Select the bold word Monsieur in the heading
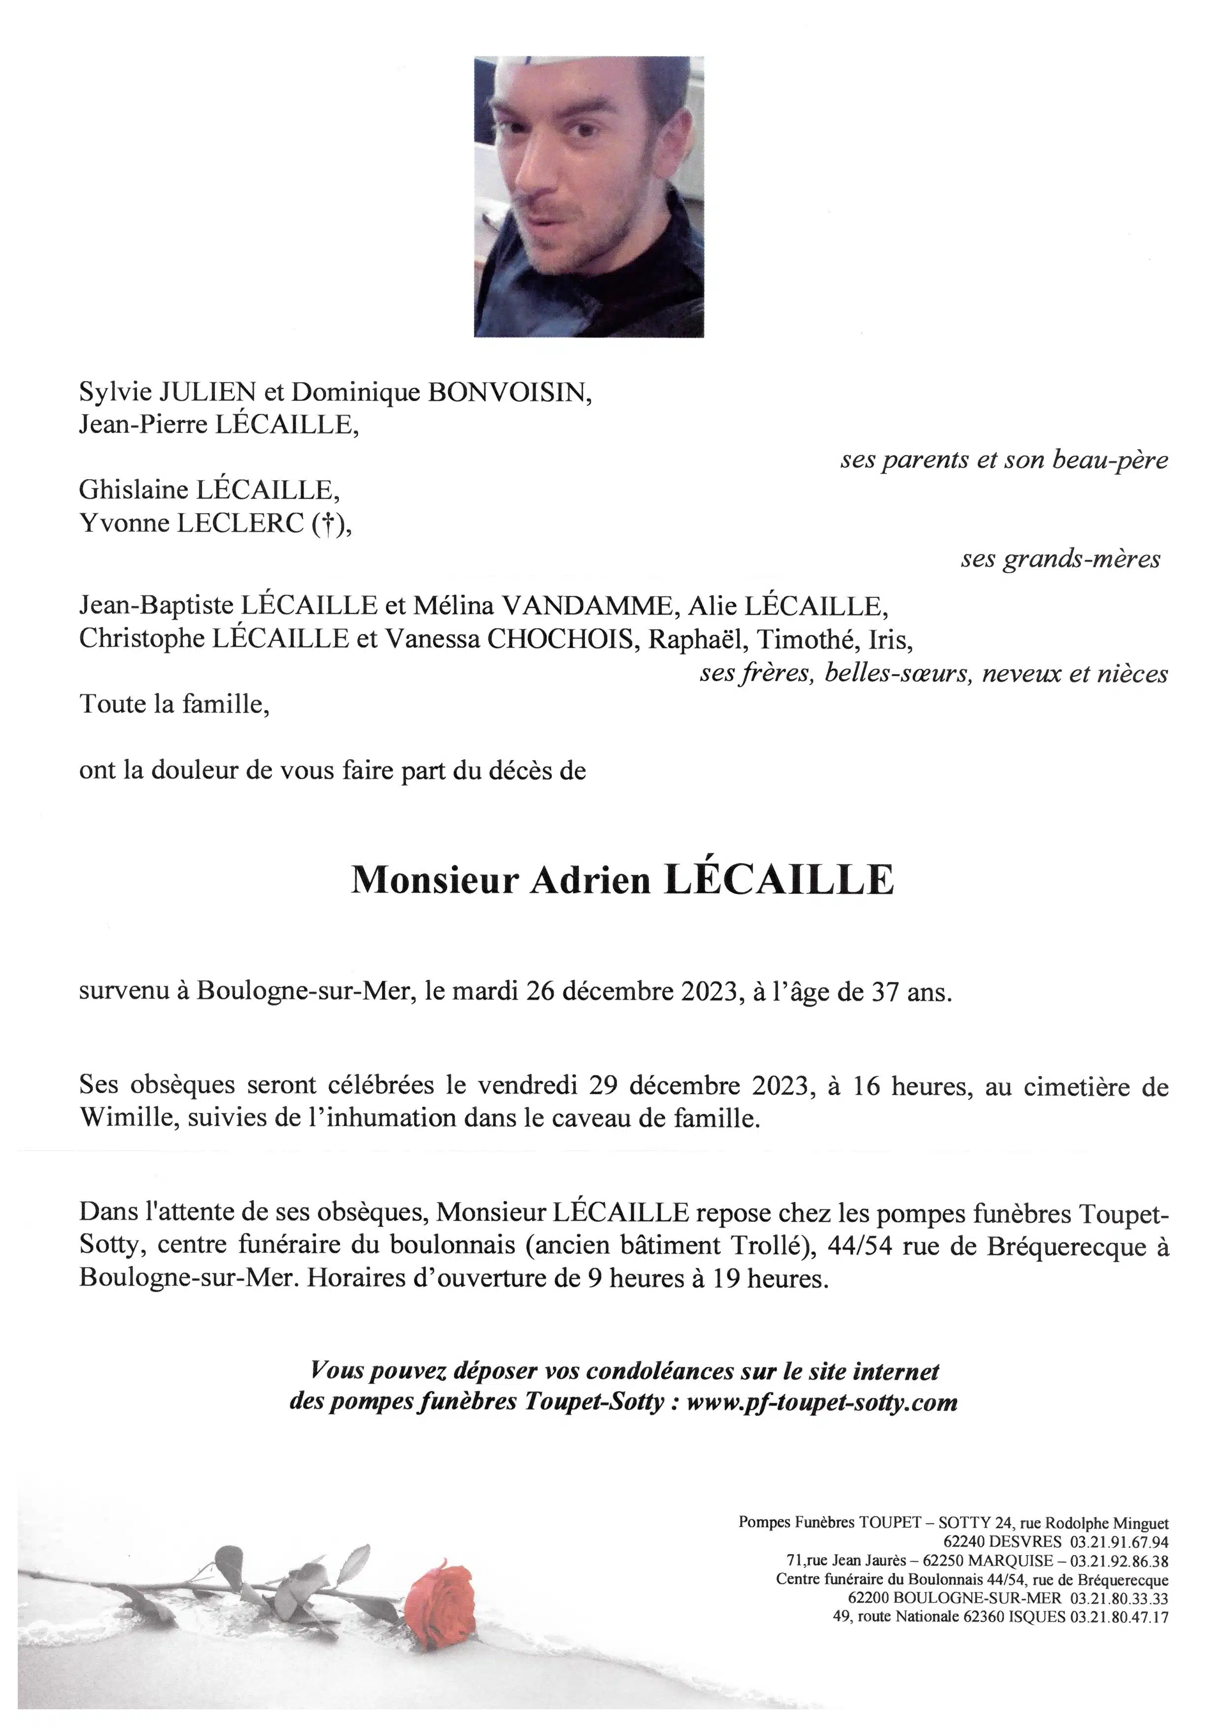435,880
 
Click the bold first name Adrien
590,880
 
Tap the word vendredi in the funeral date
527,1086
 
